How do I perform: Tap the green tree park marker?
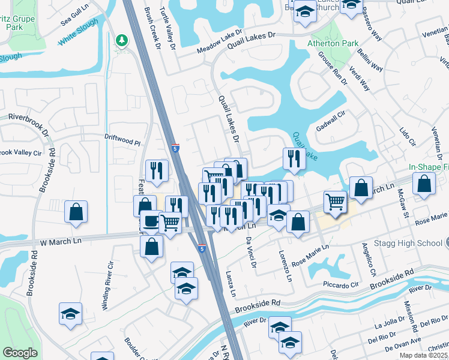tap(122, 41)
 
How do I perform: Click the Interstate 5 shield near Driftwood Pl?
tap(175, 148)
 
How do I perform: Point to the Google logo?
tap(20, 353)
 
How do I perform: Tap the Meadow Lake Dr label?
tap(221, 40)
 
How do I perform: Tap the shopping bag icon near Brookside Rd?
tap(77, 212)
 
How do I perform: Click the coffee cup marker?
tap(149, 221)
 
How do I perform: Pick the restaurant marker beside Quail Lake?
tap(294, 158)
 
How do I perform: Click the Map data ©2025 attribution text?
tap(424, 355)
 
